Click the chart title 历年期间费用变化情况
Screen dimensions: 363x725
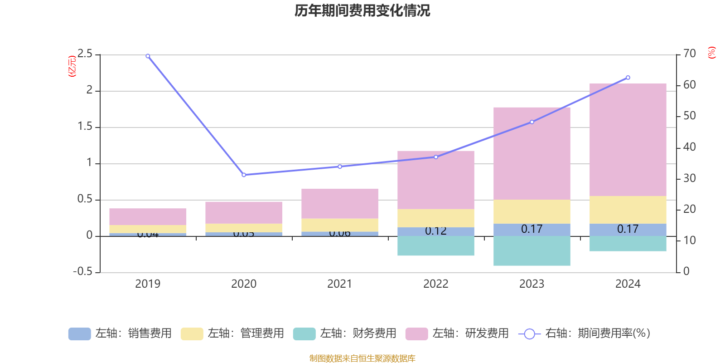pos(362,11)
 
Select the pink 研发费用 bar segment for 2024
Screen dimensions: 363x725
pos(628,140)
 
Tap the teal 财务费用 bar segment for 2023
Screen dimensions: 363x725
pos(532,251)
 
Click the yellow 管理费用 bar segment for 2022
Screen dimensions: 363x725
pos(435,218)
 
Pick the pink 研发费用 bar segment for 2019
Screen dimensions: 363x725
pos(148,217)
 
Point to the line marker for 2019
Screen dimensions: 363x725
pos(148,56)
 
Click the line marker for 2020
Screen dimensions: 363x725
pos(244,175)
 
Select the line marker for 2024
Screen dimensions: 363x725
pos(628,78)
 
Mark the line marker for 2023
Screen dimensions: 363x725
pos(532,122)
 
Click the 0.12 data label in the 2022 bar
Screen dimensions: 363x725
pos(435,231)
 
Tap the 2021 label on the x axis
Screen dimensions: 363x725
pos(339,284)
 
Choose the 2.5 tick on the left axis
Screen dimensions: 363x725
pos(85,54)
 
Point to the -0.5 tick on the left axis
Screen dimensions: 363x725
pos(82,272)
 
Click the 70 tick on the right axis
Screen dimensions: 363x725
pos(690,54)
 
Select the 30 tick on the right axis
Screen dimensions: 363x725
pos(690,178)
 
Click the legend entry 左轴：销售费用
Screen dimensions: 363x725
pos(121,334)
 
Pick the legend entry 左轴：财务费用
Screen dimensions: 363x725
pos(345,334)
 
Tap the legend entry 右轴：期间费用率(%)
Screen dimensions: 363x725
pos(585,334)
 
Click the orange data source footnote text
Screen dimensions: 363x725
pos(362,358)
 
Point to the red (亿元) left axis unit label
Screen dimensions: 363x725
pos(72,66)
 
